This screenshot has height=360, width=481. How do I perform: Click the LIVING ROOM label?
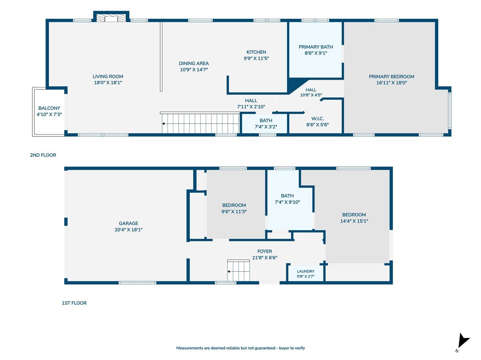108,76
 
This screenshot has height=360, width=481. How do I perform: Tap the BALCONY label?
49,108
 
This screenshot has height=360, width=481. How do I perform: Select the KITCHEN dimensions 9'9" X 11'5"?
256,58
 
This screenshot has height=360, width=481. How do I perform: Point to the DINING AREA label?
194,63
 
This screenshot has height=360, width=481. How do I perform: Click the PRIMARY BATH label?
316,47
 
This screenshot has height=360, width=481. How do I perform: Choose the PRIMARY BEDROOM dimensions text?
391,82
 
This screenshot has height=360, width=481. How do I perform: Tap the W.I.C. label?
318,119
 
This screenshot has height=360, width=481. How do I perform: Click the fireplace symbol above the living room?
111,18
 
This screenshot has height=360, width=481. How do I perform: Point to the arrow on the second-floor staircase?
164,124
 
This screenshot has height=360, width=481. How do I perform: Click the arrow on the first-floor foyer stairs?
229,271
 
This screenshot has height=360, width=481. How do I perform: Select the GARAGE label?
129,224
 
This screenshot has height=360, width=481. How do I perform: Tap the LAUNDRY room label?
305,271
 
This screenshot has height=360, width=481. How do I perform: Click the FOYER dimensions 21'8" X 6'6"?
264,258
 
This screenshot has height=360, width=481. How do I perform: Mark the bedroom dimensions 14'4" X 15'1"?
354,221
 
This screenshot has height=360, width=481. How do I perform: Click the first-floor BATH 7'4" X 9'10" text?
287,199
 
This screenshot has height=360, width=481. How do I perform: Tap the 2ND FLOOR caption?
43,155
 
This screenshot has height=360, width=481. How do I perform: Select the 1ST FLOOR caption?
74,303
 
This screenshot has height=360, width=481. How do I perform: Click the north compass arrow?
463,341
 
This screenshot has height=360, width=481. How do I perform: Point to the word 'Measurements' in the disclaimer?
189,348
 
